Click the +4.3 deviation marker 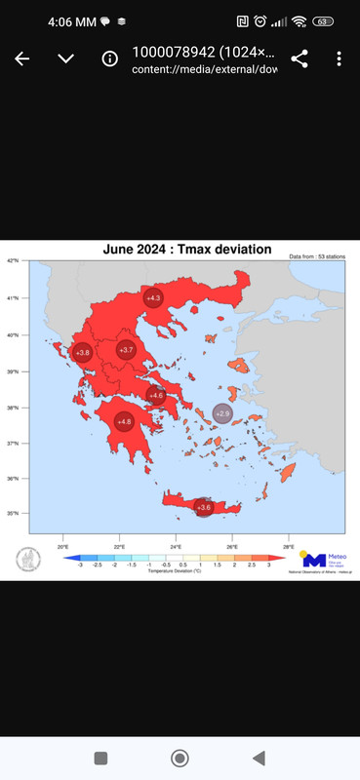coord(153,296)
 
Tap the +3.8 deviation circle coord(83,352)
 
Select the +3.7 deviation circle coord(126,350)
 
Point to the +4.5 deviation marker coord(155,395)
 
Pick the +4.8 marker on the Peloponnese coord(124,421)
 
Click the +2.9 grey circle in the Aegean coord(222,414)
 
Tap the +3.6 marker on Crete coord(204,507)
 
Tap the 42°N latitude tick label coord(14,260)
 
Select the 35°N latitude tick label coord(14,511)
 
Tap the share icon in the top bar coord(300,58)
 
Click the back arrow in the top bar coord(22,58)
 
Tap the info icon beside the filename coord(110,58)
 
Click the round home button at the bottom coord(180,758)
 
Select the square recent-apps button coord(100,758)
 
